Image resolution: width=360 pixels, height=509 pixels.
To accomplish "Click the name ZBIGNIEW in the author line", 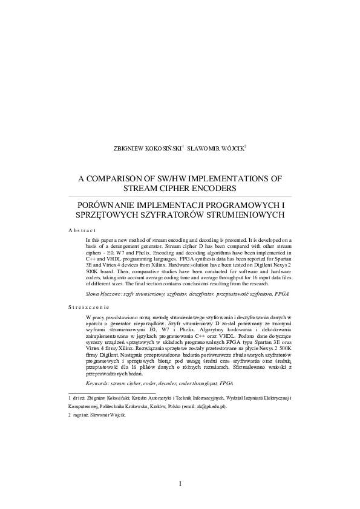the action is [129, 149].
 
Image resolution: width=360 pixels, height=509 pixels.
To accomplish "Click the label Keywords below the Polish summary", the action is [100, 383].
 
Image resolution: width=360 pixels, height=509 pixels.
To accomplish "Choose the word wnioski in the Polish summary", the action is [270, 366].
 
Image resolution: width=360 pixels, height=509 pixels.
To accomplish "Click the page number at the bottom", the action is [180, 482].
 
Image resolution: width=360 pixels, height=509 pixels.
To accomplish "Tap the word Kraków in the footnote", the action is [158, 408].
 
